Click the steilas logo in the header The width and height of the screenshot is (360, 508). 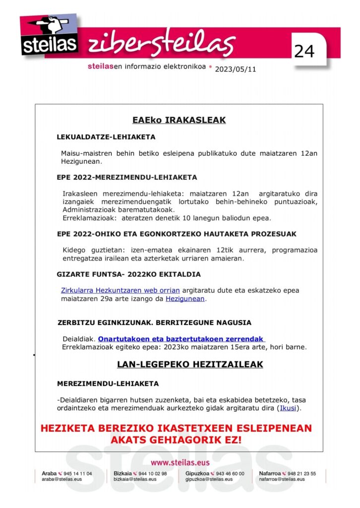(x=49, y=35)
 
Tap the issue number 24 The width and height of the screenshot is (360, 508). (x=304, y=51)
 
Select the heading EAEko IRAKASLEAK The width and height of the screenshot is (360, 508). (x=179, y=120)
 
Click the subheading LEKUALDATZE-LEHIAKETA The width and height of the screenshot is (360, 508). (x=106, y=137)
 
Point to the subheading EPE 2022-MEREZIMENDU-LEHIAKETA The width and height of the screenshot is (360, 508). (x=127, y=177)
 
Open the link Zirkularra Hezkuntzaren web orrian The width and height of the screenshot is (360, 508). (x=120, y=290)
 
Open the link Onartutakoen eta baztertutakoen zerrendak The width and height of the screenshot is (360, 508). (x=181, y=339)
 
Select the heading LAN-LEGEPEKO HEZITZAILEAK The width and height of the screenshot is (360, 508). (x=190, y=364)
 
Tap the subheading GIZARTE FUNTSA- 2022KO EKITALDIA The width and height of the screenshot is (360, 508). (x=129, y=274)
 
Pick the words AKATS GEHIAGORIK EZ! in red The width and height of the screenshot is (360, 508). (x=176, y=440)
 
